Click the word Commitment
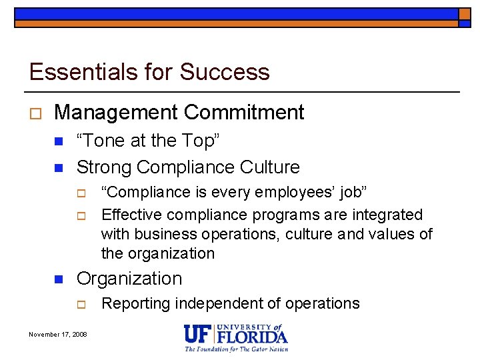coord(243,113)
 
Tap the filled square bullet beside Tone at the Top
coord(58,141)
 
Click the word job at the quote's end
coord(349,193)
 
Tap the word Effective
coord(131,215)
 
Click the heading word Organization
coord(129,279)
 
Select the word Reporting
coord(136,304)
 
